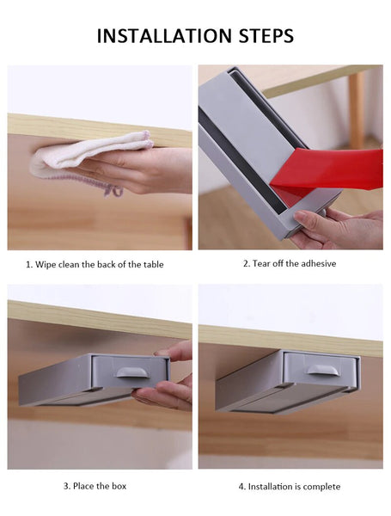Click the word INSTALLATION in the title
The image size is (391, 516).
click(x=164, y=36)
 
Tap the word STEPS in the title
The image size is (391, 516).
click(x=266, y=36)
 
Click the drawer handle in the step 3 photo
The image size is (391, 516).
click(x=132, y=372)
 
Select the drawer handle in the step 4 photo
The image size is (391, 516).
click(x=322, y=370)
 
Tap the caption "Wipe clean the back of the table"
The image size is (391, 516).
click(x=95, y=265)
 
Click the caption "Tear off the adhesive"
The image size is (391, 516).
click(x=290, y=264)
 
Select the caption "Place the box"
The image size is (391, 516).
click(x=95, y=486)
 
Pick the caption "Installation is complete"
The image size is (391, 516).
click(x=290, y=487)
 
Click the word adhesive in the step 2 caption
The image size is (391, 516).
click(x=319, y=264)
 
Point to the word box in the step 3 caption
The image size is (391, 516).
click(x=119, y=486)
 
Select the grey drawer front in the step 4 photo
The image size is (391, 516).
click(x=321, y=370)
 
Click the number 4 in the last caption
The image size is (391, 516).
click(x=241, y=487)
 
